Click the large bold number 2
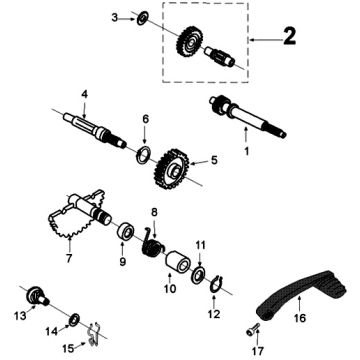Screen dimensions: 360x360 pyautogui.click(x=289, y=36)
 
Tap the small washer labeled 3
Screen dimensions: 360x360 pyautogui.click(x=143, y=18)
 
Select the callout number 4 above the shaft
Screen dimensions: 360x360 pyautogui.click(x=85, y=94)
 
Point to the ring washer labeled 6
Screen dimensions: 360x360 pyautogui.click(x=144, y=155)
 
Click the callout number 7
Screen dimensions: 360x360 pyautogui.click(x=69, y=258)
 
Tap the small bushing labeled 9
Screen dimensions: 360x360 pyautogui.click(x=125, y=232)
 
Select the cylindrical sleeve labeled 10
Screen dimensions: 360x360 pyautogui.click(x=178, y=263)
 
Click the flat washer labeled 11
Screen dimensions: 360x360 pyautogui.click(x=199, y=276)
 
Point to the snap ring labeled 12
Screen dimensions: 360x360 pyautogui.click(x=216, y=284)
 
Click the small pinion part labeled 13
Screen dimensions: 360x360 pyautogui.click(x=37, y=295)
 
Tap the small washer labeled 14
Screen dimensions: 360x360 pyautogui.click(x=74, y=320)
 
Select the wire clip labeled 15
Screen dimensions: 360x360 pyautogui.click(x=94, y=334)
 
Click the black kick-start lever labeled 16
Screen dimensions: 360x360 pyautogui.click(x=301, y=293)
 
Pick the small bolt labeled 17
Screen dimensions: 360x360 pyautogui.click(x=253, y=329)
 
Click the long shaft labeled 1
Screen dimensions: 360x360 pyautogui.click(x=247, y=116)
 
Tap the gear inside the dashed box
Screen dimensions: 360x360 pyautogui.click(x=190, y=40)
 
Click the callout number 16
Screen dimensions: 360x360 pyautogui.click(x=300, y=318)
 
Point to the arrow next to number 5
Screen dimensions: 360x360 pyautogui.click(x=198, y=163)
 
